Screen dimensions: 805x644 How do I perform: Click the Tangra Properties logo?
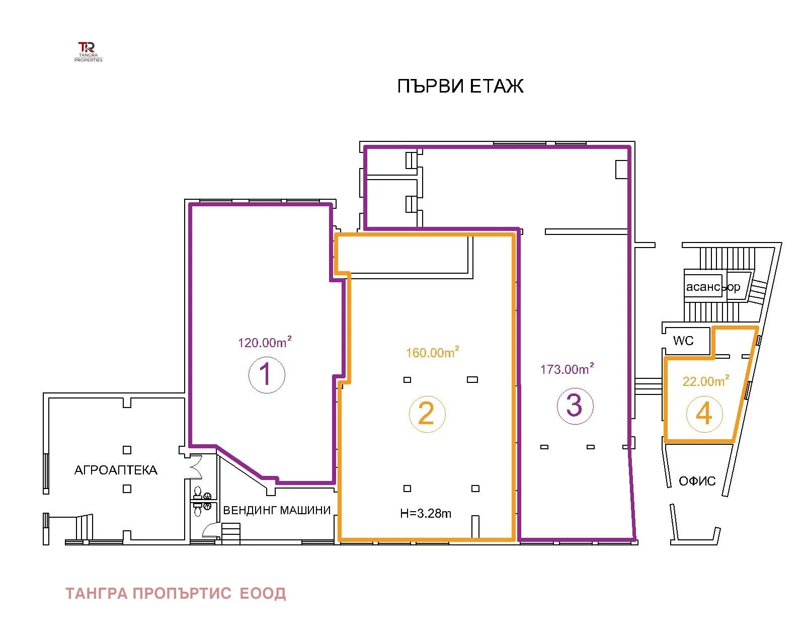tap(88, 52)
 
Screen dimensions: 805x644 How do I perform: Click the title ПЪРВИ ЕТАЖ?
tap(460, 86)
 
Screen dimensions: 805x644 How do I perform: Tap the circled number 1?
tap(267, 374)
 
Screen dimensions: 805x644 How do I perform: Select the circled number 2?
tap(427, 414)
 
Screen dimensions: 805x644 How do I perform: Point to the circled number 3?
tap(575, 406)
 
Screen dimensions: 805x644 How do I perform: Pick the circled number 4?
tap(704, 414)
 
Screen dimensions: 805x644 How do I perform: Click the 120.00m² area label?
tap(265, 342)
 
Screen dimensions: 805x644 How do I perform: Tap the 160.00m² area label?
tap(432, 352)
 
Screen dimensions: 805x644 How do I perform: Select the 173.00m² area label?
tap(567, 369)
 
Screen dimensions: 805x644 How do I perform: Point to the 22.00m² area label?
tap(706, 380)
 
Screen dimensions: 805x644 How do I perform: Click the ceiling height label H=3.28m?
tap(426, 513)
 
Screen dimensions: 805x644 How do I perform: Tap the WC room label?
tap(683, 341)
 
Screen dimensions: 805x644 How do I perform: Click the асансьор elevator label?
tap(713, 287)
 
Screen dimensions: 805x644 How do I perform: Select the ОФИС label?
tap(697, 481)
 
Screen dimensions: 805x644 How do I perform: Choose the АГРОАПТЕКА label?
tap(116, 470)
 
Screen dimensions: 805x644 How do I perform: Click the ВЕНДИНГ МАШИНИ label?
tap(277, 510)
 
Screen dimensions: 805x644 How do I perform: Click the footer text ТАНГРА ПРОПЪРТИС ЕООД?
tap(176, 594)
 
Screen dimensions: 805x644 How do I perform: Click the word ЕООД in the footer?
tap(263, 594)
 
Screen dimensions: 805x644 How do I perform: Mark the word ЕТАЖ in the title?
tap(497, 86)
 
